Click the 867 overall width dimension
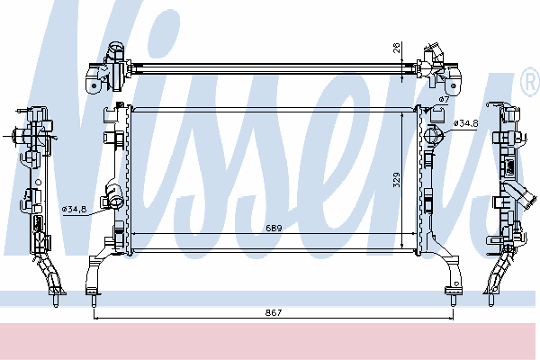[x=274, y=312]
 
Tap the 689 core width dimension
[x=274, y=228]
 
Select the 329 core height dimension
[x=396, y=180]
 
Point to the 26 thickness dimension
[x=396, y=48]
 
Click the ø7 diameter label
[x=445, y=100]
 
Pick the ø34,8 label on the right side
[x=466, y=123]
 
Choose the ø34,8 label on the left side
[x=74, y=209]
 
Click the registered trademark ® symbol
[x=530, y=82]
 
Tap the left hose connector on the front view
[x=113, y=194]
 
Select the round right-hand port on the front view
[x=434, y=134]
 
